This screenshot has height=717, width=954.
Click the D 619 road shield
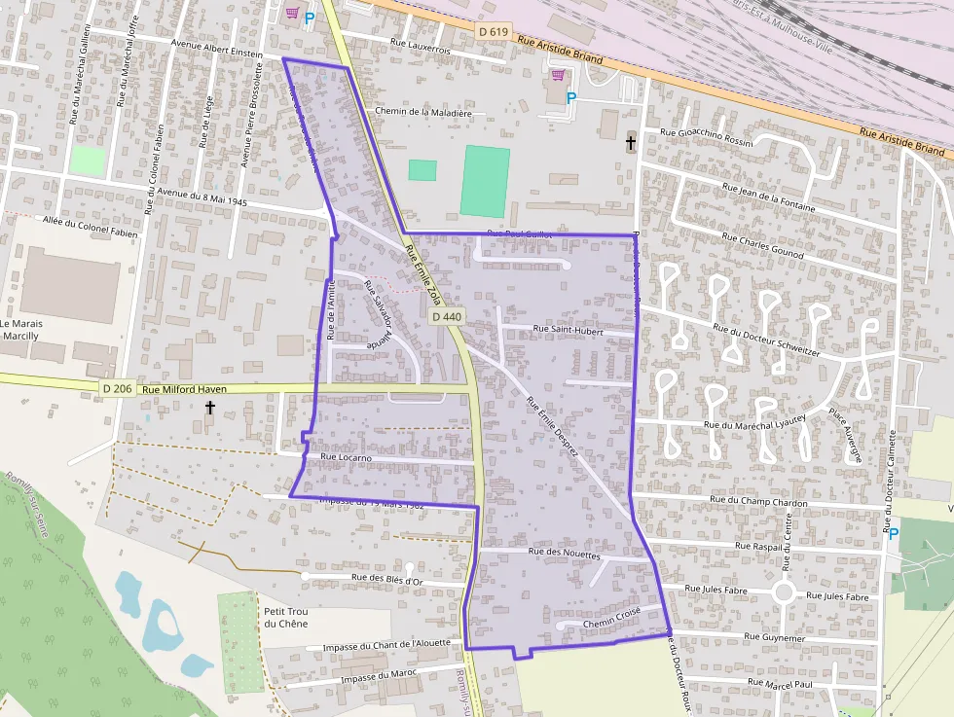494,32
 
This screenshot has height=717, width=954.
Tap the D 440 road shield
446,317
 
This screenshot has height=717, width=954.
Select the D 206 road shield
117,389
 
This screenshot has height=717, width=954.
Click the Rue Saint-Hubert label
569,330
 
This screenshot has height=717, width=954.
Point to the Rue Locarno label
346,456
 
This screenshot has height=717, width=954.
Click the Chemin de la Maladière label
422,112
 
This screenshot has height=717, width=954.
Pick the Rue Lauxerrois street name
421,43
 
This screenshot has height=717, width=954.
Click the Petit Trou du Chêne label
285,617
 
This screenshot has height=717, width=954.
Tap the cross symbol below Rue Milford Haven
209,408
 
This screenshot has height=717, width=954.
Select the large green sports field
485,181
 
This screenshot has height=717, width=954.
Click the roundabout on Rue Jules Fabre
785,592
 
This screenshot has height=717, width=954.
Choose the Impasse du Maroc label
373,677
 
